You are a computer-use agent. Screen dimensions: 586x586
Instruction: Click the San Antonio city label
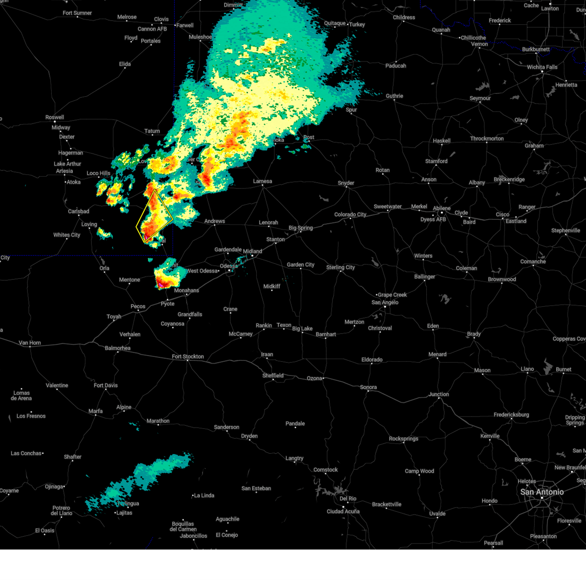(542, 492)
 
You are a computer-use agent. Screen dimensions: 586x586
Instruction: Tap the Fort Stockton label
(188, 356)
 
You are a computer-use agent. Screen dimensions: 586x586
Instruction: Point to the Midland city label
(252, 251)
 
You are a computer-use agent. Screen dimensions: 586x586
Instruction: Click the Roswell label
(55, 117)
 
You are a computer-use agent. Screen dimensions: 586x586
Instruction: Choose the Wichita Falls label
(542, 67)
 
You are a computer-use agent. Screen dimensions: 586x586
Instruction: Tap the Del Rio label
(348, 499)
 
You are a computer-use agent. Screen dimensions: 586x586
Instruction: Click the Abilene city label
(441, 208)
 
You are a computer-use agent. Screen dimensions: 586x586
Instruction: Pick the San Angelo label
(385, 302)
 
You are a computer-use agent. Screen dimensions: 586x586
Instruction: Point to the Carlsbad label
(79, 211)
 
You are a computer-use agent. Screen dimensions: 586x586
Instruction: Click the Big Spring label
(300, 228)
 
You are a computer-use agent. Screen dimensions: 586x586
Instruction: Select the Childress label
(404, 18)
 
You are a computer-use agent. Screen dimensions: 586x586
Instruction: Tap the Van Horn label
(30, 343)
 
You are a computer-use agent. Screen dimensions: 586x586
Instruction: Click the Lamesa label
(262, 181)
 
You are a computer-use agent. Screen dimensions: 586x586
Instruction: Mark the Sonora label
(368, 387)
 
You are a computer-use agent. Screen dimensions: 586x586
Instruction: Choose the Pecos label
(138, 306)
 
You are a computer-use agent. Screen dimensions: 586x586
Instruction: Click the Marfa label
(96, 411)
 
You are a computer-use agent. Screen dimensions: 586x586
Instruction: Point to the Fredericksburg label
(511, 415)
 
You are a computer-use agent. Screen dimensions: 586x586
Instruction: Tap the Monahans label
(187, 291)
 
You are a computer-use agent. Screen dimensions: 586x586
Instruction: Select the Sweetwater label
(388, 207)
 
